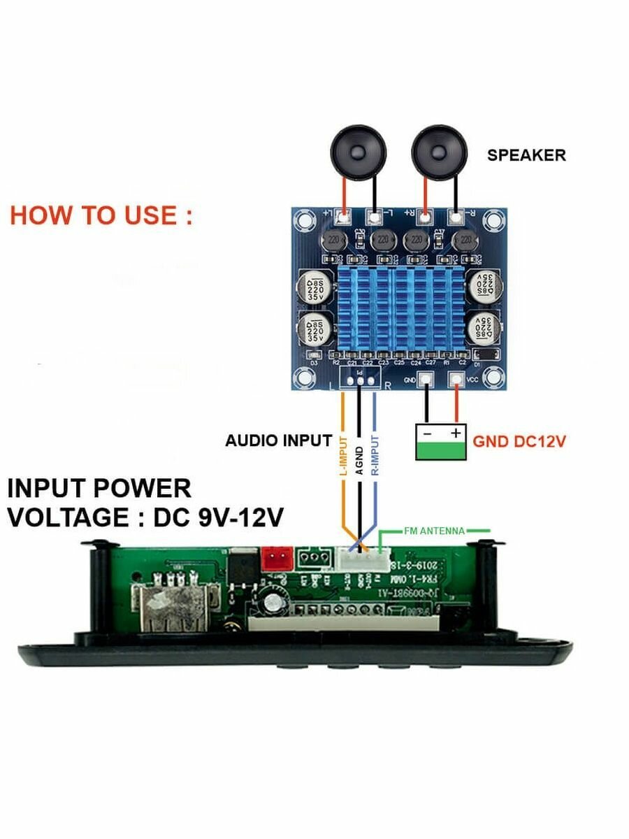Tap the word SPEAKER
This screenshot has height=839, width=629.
point(526,155)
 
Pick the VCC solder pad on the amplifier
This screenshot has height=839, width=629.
point(456,380)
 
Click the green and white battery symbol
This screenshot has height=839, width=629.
point(440,443)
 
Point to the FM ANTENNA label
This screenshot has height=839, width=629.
point(434,531)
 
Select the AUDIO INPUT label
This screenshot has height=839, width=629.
point(278,441)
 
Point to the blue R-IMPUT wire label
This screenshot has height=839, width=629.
point(375,456)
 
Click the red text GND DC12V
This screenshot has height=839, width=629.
point(519,442)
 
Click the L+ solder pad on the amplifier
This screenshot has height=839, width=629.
point(343,217)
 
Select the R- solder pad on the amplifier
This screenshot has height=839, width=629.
point(456,217)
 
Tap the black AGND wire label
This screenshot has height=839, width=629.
point(359,460)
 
